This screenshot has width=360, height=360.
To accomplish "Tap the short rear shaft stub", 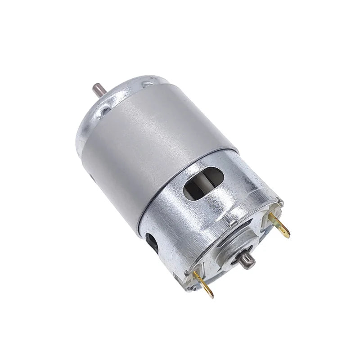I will [247, 261].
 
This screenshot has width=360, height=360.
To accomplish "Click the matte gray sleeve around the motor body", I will [157, 144].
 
